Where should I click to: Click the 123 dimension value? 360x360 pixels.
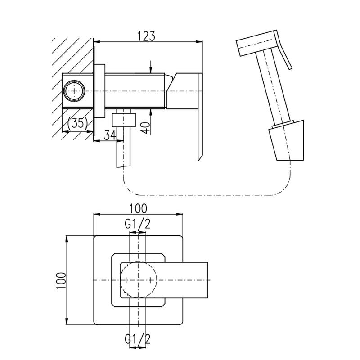coord(147,36)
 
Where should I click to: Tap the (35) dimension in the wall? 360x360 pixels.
coord(77,123)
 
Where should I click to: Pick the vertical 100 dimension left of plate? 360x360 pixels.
coord(61,280)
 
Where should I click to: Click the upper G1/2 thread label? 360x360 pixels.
coord(138,224)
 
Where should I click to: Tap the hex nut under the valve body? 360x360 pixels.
coord(123,119)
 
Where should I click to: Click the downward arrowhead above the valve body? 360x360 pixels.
coord(152,67)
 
